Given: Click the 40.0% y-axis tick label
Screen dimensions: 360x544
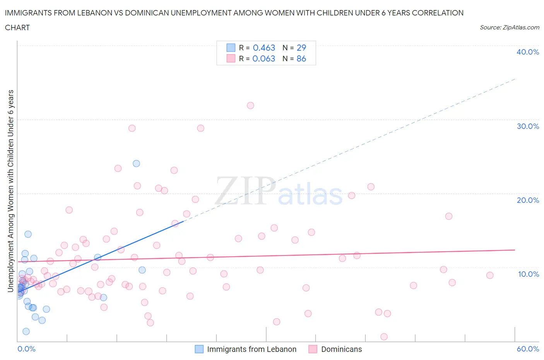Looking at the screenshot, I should coord(527,52).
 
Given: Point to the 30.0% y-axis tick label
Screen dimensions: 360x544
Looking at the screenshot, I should coord(527,126).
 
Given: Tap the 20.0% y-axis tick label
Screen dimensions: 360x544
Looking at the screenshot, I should coord(527,200).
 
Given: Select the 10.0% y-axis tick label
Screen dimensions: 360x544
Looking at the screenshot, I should coord(528,274).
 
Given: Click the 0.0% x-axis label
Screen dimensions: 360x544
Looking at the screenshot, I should coord(26,349).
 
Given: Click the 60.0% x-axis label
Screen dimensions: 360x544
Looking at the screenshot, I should coord(528,349).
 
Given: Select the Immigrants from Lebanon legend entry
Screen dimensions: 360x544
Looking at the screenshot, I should coord(251,349).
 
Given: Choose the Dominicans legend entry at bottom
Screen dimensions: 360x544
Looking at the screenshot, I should coord(341,349).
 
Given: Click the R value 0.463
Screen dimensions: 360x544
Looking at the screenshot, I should coord(264,48).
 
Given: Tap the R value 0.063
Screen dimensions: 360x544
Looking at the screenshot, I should coord(264,58).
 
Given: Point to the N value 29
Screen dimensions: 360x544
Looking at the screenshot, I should coord(301,48).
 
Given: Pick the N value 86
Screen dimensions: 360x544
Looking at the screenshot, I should coord(301,58).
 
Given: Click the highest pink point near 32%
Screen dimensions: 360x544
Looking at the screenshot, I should coord(250,105).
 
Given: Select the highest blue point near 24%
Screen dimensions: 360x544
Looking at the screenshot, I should coord(136,163).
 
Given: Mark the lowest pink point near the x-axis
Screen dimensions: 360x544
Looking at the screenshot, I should coord(384,337).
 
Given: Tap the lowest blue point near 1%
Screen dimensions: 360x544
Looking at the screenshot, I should coord(26,331).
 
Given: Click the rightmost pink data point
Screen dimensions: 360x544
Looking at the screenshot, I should coord(490,275).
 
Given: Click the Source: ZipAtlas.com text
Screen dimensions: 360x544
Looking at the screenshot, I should coord(509,27).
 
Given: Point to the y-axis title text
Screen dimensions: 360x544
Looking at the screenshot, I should coord(11,190).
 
